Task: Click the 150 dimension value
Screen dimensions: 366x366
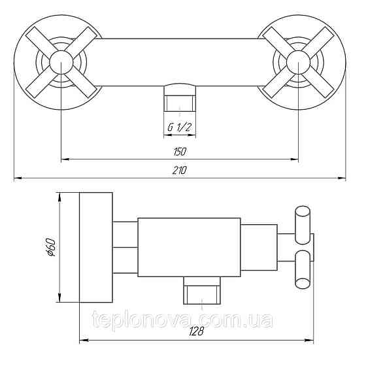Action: pyautogui.click(x=180, y=152)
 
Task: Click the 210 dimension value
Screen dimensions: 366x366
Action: pyautogui.click(x=180, y=170)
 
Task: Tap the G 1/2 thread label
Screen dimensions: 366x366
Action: pyautogui.click(x=180, y=127)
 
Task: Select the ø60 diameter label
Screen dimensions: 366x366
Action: pyautogui.click(x=50, y=247)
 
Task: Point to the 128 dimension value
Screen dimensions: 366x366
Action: pyautogui.click(x=197, y=331)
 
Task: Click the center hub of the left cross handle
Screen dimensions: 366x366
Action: pyautogui.click(x=61, y=62)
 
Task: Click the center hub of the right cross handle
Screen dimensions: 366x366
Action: pyautogui.click(x=298, y=62)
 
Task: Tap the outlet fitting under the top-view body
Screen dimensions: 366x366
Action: pyautogui.click(x=180, y=97)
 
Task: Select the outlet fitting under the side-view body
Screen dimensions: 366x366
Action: pyautogui.click(x=202, y=290)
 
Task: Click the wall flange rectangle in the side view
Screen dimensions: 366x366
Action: pyautogui.click(x=96, y=248)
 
